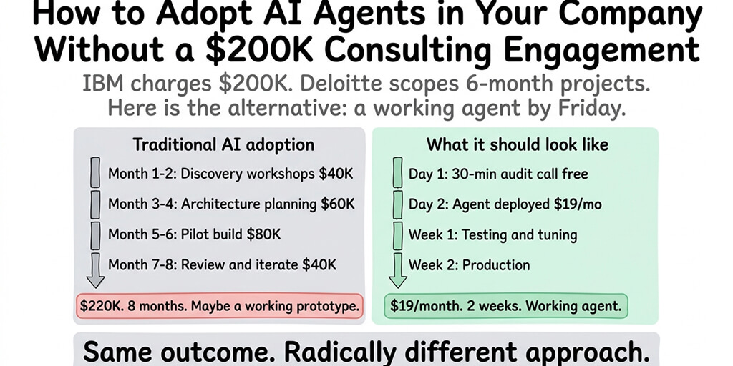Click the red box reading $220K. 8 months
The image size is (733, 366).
tap(220, 306)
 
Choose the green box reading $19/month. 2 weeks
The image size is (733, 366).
tap(506, 306)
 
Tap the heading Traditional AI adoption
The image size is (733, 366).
tap(223, 144)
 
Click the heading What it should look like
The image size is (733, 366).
tap(517, 144)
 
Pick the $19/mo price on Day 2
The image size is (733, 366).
tap(578, 204)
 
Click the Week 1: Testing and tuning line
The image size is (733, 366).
tap(492, 234)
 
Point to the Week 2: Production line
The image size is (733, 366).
tap(469, 265)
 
